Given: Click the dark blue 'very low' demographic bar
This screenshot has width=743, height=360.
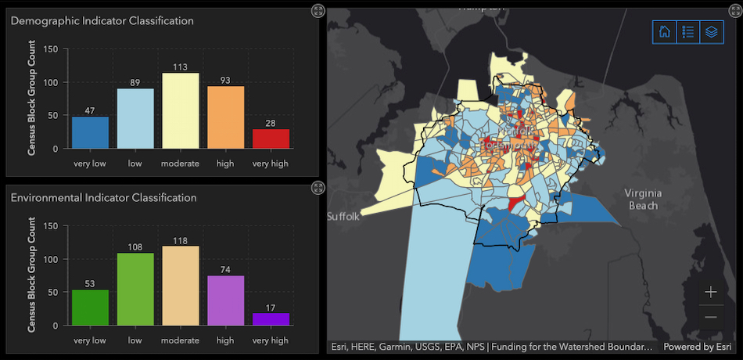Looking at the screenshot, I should point(90,132).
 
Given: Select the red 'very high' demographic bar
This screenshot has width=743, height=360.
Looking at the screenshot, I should point(271,139).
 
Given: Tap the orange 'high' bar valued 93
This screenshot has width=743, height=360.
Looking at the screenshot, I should point(225,117).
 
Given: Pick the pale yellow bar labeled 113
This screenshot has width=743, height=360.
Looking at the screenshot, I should point(180,110).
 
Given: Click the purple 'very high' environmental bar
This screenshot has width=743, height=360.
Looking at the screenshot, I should point(271,319).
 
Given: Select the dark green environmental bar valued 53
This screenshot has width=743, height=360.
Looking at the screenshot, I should point(90,308).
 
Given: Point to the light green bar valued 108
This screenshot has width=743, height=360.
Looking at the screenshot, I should point(135,289).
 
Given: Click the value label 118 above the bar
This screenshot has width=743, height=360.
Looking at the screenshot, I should point(180,240).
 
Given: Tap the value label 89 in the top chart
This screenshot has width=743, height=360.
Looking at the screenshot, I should point(135,82).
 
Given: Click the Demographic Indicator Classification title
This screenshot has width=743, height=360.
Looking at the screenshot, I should point(102,21).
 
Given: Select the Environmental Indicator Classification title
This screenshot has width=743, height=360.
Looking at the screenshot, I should point(103,198).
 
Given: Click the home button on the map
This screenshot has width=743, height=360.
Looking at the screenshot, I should point(664,32).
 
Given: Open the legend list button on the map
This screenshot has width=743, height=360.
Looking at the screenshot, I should point(688,32).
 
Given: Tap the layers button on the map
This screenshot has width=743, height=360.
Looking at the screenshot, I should point(712,32).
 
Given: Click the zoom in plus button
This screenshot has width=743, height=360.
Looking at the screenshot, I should point(710,292).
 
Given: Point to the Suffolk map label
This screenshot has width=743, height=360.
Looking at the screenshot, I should point(343,217).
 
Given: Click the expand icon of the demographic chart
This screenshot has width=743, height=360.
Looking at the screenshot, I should point(317,10).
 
